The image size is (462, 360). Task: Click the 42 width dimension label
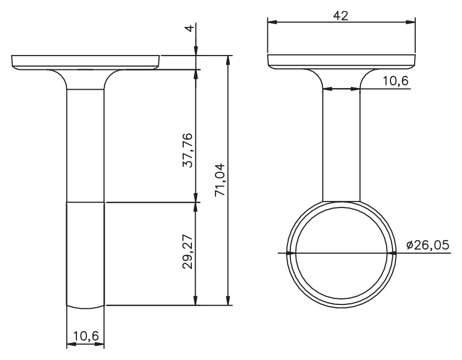click(340, 15)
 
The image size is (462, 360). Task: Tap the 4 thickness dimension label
click(190, 28)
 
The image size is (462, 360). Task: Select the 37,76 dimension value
click(188, 150)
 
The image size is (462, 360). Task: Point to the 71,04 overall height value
click(220, 180)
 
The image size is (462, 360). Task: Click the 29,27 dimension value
click(188, 252)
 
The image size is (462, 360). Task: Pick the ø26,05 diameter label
click(427, 245)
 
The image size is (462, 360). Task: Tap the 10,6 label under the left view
click(86, 336)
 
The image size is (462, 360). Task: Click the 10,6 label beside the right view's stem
click(395, 80)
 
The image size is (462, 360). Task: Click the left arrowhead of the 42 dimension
click(273, 22)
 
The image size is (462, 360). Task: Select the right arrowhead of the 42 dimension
click(410, 22)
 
